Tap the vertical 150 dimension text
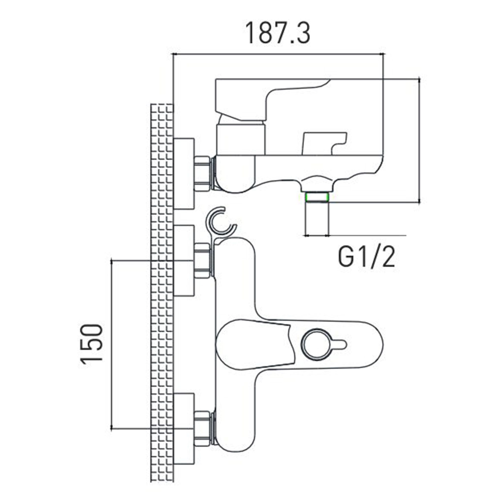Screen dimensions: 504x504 tap(92, 343)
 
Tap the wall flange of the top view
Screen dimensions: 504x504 tap(184, 174)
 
